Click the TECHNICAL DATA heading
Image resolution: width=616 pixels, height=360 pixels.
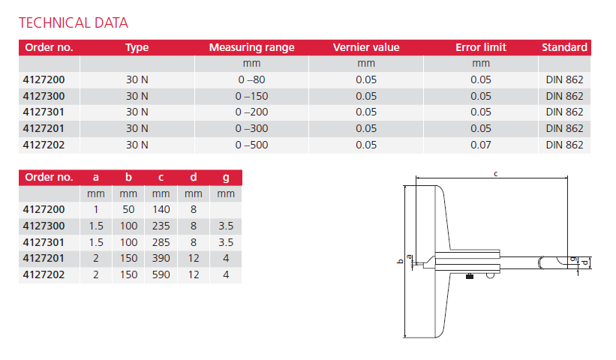(x=73, y=22)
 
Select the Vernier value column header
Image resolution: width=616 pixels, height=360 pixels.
(x=365, y=47)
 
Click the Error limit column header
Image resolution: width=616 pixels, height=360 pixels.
(x=480, y=47)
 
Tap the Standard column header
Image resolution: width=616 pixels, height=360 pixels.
(x=564, y=47)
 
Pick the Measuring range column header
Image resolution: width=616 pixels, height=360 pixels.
(x=251, y=47)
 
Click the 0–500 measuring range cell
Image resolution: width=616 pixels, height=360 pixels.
(x=251, y=145)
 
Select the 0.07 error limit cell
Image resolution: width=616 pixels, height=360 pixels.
(x=480, y=145)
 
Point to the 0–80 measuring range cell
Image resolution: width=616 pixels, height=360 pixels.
(x=251, y=79)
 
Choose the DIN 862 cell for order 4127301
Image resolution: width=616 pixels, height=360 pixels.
(x=564, y=112)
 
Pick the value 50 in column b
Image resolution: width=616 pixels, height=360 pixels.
(x=128, y=210)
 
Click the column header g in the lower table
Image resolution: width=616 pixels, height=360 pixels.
(x=225, y=178)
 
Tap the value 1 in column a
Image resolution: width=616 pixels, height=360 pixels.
(x=95, y=210)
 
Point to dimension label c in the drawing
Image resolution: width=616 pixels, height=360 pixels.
(x=496, y=174)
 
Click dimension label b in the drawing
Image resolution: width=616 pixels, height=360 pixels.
(x=400, y=262)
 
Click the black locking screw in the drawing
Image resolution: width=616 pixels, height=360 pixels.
(x=469, y=277)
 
